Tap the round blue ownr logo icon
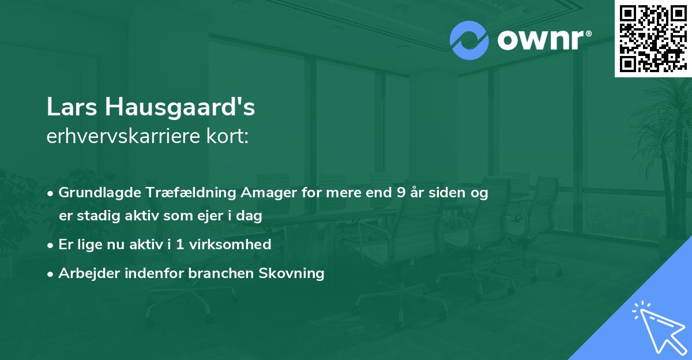[469, 40]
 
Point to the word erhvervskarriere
[116, 137]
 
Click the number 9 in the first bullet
[401, 193]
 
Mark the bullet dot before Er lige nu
[51, 245]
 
